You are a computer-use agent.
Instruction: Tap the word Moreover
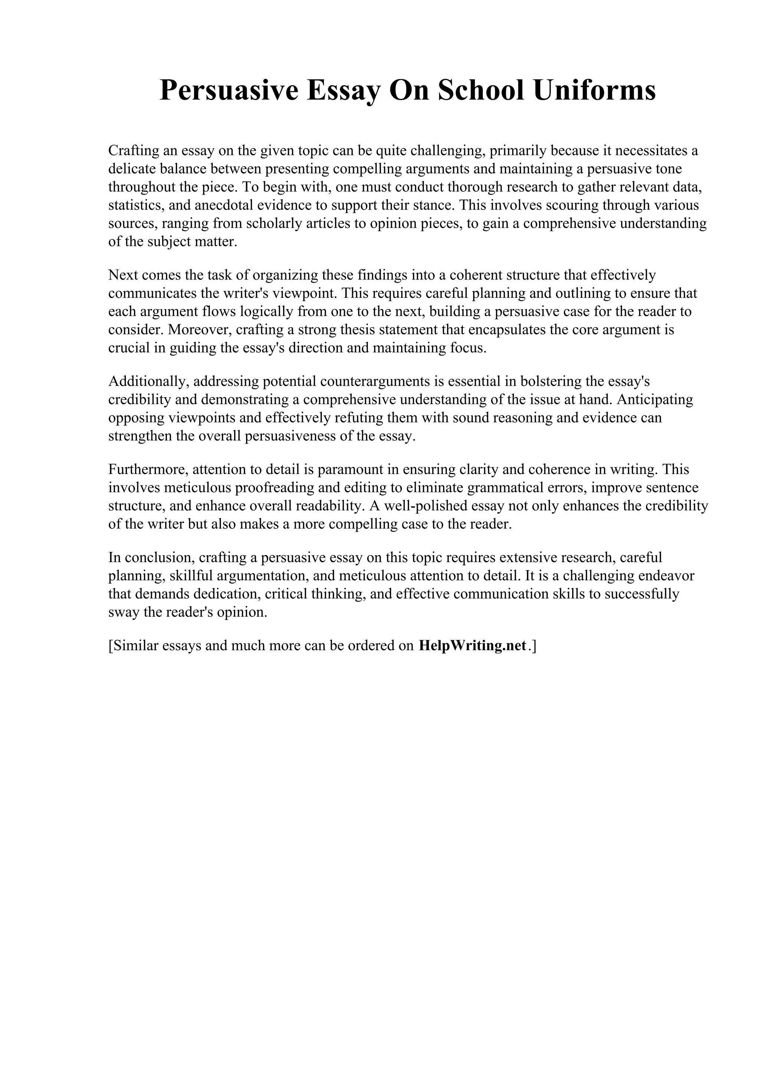200,330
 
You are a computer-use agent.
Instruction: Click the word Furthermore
148,469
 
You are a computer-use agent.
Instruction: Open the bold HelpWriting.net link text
472,646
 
